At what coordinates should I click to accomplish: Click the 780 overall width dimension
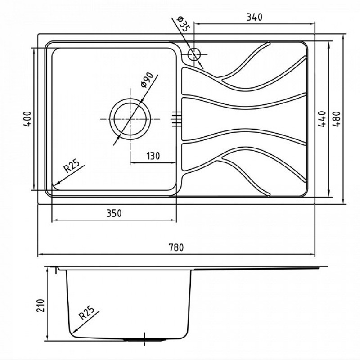176,247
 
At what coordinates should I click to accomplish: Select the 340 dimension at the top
254,17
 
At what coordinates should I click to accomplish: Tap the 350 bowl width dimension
114,213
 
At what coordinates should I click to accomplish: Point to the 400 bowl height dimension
27,119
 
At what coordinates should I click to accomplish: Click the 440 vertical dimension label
322,119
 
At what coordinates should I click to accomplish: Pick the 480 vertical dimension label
337,119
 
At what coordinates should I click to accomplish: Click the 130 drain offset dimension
153,156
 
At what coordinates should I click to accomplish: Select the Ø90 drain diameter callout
147,81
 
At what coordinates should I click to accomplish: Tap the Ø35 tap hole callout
184,24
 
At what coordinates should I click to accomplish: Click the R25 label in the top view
72,166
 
